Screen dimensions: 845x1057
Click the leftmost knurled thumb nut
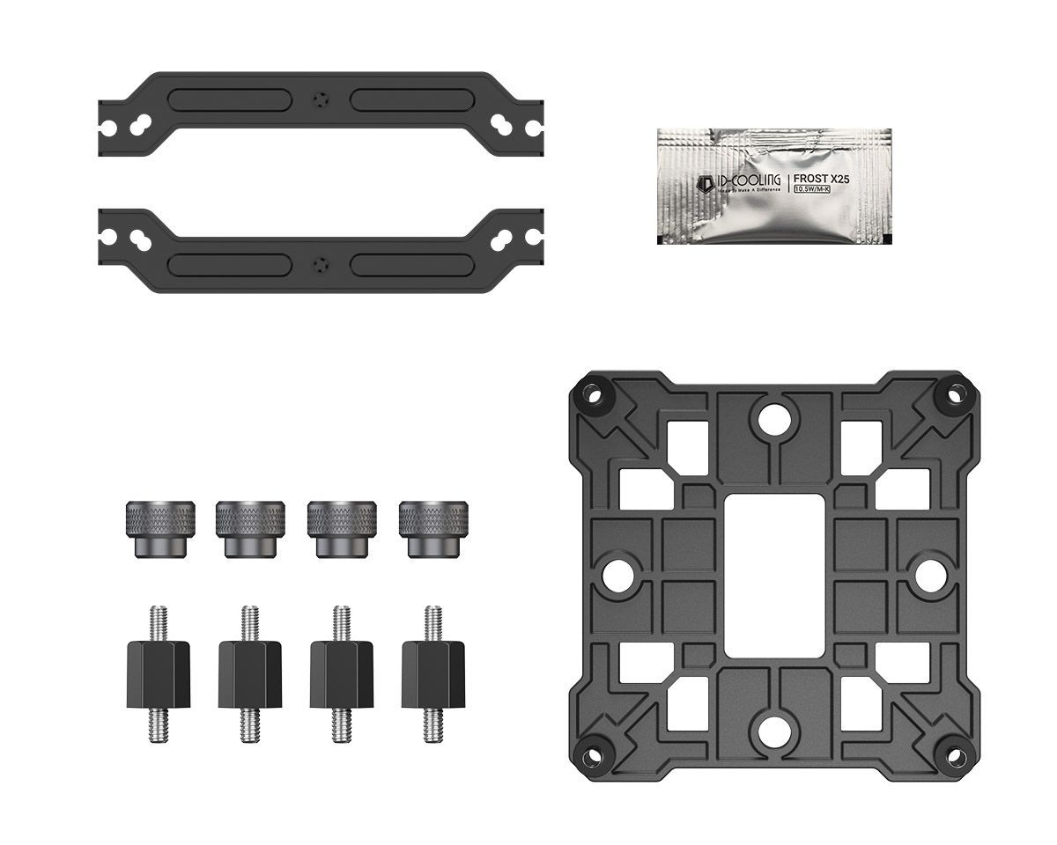160,528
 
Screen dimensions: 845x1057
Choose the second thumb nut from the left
251,528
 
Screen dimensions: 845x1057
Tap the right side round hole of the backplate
933,572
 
